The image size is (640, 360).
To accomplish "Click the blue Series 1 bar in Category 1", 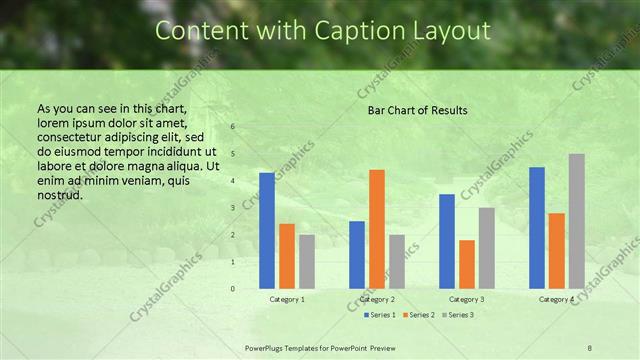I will tap(266, 231).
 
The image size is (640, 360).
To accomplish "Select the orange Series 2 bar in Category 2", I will tap(376, 229).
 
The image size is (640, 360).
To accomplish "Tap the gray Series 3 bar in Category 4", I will tap(576, 221).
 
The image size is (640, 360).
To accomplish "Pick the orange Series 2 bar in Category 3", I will tap(466, 264).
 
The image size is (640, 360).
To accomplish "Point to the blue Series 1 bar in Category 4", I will tap(536, 228).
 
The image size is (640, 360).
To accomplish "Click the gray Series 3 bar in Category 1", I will tap(306, 261).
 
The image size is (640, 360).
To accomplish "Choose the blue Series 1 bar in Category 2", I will tap(356, 255).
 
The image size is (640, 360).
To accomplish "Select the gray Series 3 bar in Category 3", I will tap(486, 248).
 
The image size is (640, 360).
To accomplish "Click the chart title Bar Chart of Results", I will tap(417, 109).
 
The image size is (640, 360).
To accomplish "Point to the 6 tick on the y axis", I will tap(232, 127).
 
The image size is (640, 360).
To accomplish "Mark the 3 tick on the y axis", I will tap(232, 208).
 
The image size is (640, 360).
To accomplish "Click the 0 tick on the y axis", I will tap(232, 289).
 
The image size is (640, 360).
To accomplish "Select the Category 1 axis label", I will tap(287, 299).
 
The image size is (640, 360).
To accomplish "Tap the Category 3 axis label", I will tap(467, 299).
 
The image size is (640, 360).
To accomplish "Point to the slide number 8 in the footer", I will tap(590, 347).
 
